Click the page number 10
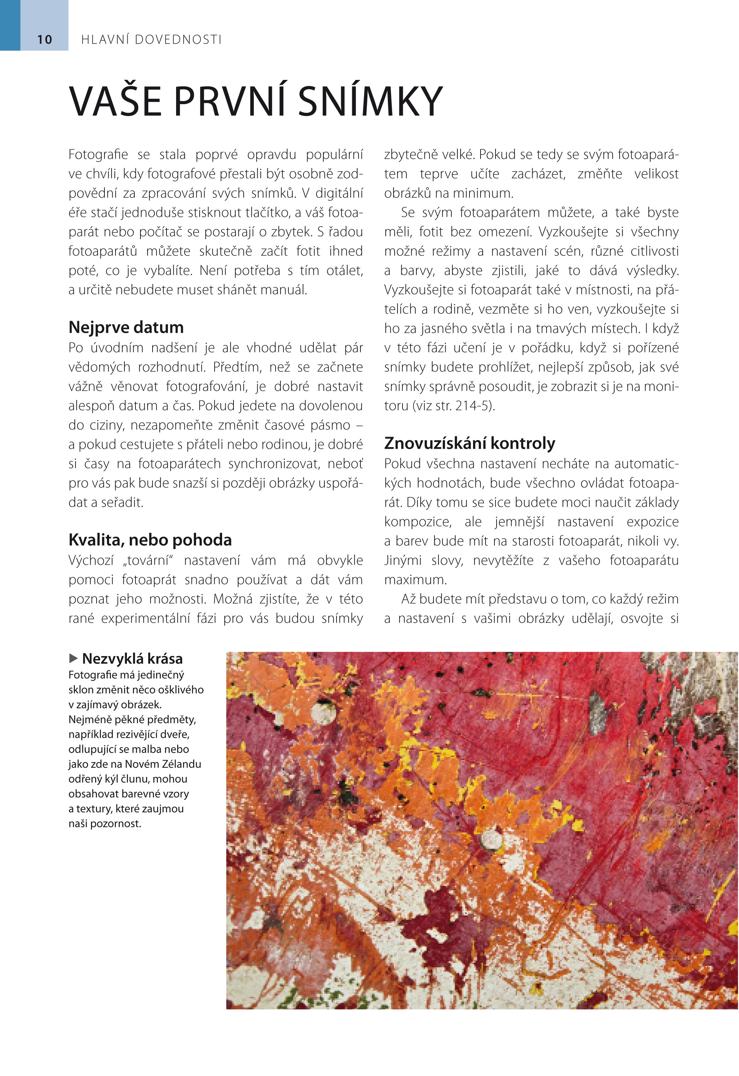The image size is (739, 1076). (45, 40)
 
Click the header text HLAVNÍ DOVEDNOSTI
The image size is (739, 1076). (152, 40)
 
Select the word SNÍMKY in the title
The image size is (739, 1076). (370, 101)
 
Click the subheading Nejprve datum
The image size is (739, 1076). (126, 327)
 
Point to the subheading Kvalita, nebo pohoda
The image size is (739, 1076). (150, 540)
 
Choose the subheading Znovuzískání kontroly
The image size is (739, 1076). (469, 443)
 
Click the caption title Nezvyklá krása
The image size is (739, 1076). (132, 659)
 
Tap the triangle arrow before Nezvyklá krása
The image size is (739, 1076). (73, 658)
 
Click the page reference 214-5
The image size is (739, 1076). (472, 406)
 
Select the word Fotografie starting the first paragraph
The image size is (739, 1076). (98, 154)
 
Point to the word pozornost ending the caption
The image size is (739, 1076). (117, 823)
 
